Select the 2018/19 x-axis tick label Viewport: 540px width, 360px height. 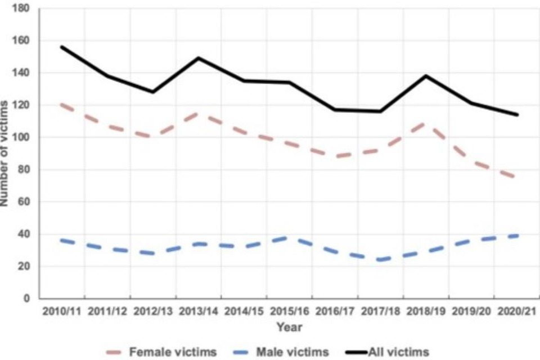click(x=426, y=311)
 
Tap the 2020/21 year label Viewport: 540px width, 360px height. click(x=517, y=311)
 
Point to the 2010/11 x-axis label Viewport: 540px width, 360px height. click(x=61, y=311)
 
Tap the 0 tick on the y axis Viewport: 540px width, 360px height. click(x=27, y=299)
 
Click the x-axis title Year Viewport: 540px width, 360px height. click(x=289, y=327)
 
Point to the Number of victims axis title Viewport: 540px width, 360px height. click(x=5, y=154)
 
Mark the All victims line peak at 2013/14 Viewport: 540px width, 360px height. click(x=199, y=58)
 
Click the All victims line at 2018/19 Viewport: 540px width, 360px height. click(x=426, y=75)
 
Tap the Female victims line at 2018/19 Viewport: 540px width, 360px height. click(x=426, y=122)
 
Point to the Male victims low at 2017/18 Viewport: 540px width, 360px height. click(x=380, y=259)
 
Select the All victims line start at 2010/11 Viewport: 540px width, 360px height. click(x=61, y=47)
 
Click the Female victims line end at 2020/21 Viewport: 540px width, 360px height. click(x=517, y=178)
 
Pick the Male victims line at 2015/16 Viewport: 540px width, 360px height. click(x=289, y=237)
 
